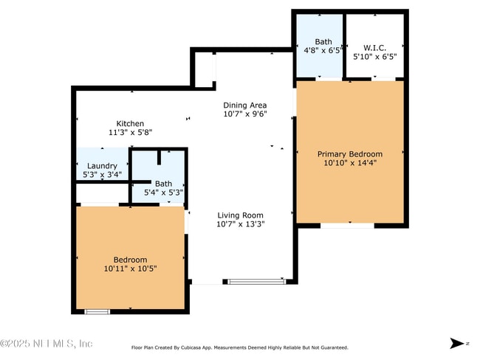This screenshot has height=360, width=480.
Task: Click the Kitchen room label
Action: [130, 123]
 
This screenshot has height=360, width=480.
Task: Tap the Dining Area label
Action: [245, 105]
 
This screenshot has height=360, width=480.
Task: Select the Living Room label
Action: [240, 215]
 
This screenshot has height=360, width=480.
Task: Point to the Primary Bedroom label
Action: [350, 154]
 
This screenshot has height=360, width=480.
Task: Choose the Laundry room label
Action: [102, 166]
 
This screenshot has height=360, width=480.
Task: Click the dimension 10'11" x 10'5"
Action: [130, 269]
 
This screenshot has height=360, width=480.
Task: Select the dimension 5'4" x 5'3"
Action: [163, 193]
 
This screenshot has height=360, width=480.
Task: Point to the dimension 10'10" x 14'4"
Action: [350, 163]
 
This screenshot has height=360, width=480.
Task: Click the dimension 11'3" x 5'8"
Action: [130, 133]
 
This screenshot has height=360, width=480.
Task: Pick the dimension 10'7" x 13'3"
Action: [240, 224]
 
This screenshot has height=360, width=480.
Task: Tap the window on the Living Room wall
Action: [256, 281]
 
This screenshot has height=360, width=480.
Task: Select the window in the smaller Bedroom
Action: [97, 311]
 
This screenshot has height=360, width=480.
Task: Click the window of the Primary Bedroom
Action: [346, 226]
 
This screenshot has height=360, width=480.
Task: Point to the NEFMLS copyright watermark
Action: [47, 344]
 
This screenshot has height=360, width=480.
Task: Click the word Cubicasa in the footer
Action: [204, 347]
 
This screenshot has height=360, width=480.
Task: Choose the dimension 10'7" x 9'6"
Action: [245, 114]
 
